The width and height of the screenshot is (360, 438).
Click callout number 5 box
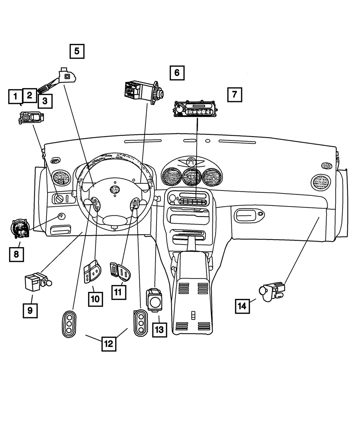point(77,51)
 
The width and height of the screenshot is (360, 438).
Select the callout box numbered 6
point(177,73)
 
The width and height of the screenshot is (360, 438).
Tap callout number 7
point(234,95)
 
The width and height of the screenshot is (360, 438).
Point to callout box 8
point(17,254)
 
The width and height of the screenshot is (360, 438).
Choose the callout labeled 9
point(30,310)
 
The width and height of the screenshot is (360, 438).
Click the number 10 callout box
point(96,298)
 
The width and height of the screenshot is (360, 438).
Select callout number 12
point(108,343)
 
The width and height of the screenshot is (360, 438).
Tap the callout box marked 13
point(159,329)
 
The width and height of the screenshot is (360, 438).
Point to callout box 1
point(15,97)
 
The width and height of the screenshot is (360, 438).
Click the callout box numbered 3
point(45,101)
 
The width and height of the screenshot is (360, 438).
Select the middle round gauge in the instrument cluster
point(192,176)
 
